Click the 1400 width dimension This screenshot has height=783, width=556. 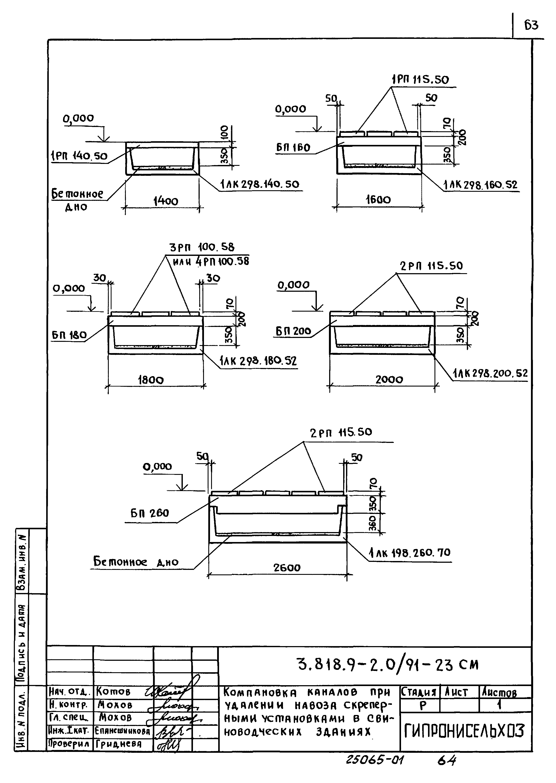(166, 201)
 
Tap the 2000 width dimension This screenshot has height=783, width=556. (389, 379)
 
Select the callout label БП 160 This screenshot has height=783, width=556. (293, 148)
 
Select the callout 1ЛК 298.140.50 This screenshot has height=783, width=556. (260, 185)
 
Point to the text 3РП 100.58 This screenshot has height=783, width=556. (202, 247)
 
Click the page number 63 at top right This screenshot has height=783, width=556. (531, 25)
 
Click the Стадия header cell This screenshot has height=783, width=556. (419, 693)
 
